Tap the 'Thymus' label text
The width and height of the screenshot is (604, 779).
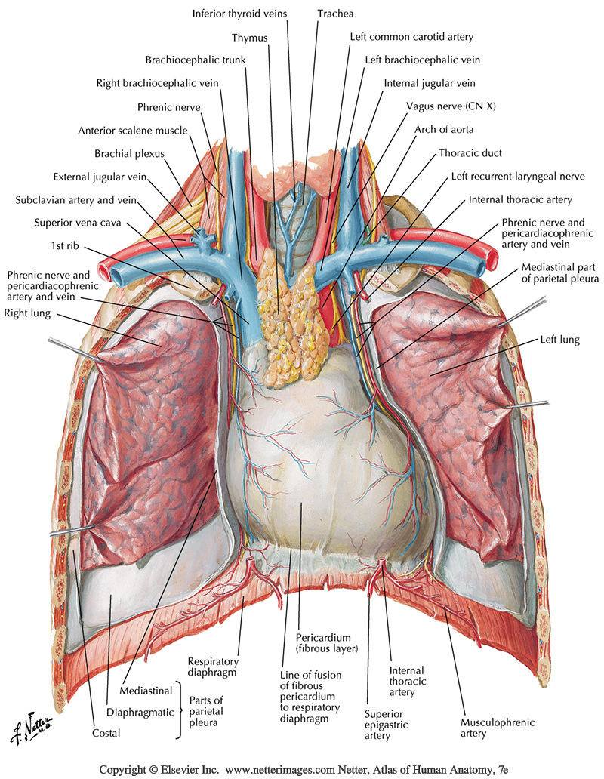tap(250, 37)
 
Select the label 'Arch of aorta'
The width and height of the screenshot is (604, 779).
tap(444, 129)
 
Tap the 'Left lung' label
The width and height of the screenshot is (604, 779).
tap(559, 340)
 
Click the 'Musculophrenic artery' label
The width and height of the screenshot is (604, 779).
tap(498, 728)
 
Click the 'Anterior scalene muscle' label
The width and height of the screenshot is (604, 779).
tap(132, 130)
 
